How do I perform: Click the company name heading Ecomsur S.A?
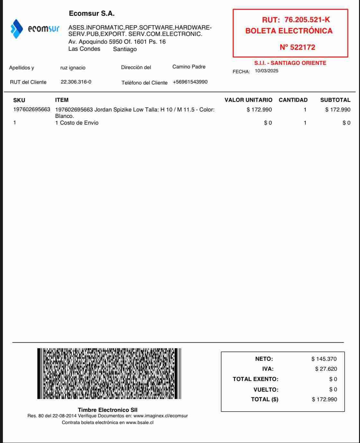[92, 14]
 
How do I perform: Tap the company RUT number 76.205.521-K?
[307, 20]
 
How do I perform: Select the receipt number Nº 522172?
[297, 48]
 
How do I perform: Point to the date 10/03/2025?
[266, 71]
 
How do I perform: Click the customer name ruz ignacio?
[73, 68]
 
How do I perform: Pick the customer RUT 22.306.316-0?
[76, 82]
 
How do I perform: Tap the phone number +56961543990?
[190, 82]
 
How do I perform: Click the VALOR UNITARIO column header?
[248, 100]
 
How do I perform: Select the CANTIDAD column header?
[293, 100]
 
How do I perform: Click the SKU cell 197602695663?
[32, 110]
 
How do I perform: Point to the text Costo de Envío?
[79, 123]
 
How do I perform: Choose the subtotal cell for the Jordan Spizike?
[338, 110]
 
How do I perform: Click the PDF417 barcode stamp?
[109, 374]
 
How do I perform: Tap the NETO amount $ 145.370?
[324, 359]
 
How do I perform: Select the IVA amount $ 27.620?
[326, 369]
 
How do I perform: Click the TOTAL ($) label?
[265, 399]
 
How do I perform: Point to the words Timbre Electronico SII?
[108, 410]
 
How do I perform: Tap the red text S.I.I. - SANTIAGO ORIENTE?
[290, 63]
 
